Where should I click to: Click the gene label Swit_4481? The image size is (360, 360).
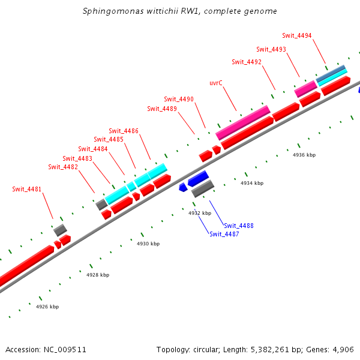pyautogui.click(x=27, y=189)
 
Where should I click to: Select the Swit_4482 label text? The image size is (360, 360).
pyautogui.click(x=63, y=167)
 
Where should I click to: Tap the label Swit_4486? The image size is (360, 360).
pyautogui.click(x=124, y=131)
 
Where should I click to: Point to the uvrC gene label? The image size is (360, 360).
pyautogui.click(x=217, y=83)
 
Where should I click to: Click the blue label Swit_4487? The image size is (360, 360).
pyautogui.click(x=224, y=234)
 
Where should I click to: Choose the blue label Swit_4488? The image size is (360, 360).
pyautogui.click(x=239, y=226)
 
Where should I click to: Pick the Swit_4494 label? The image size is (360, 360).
pyautogui.click(x=297, y=35)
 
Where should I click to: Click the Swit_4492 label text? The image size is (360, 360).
pyautogui.click(x=247, y=62)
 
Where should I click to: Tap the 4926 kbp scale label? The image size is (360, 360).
pyautogui.click(x=47, y=307)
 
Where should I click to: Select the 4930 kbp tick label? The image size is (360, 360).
pyautogui.click(x=148, y=244)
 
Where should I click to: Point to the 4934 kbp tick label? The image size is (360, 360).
pyautogui.click(x=251, y=183)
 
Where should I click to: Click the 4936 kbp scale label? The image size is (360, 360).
pyautogui.click(x=304, y=155)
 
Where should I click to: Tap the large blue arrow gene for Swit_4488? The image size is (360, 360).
pyautogui.click(x=197, y=178)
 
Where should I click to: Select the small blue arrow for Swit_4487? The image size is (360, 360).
pyautogui.click(x=183, y=188)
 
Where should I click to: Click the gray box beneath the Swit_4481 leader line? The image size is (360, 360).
pyautogui.click(x=60, y=230)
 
